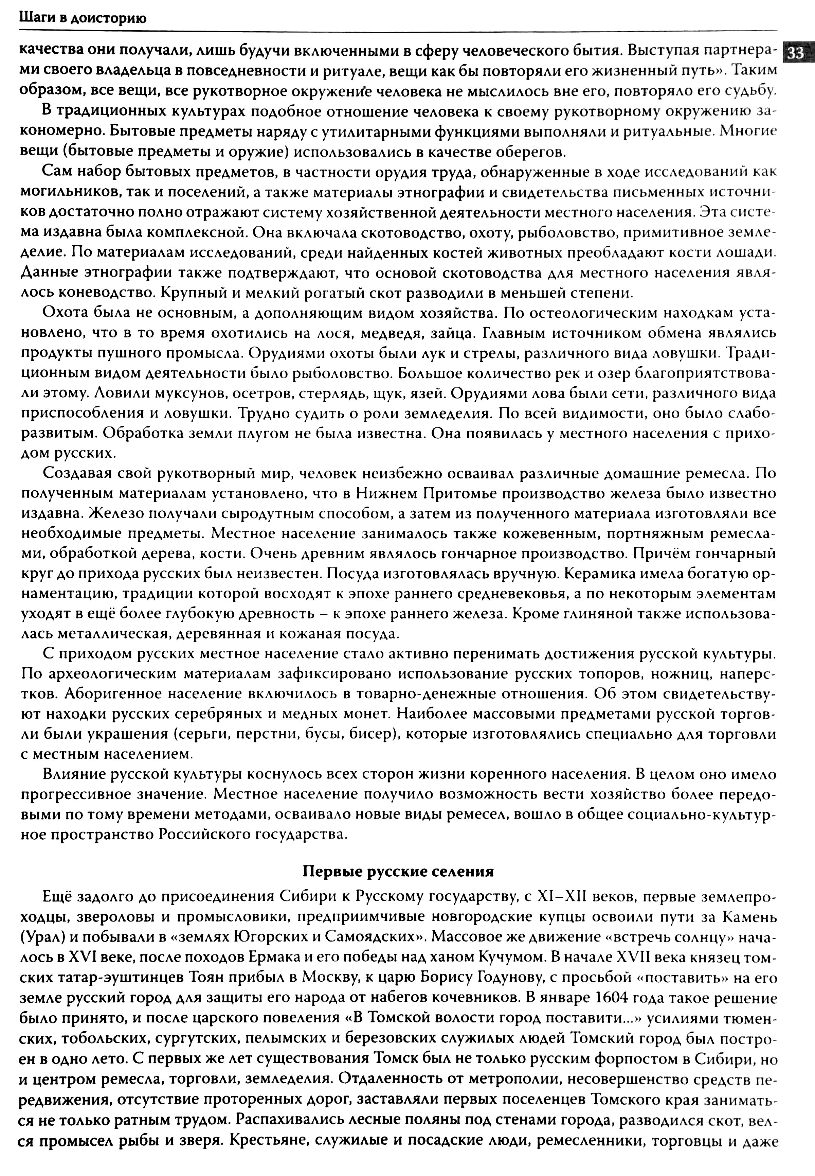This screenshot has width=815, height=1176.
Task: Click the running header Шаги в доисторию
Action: [82, 18]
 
